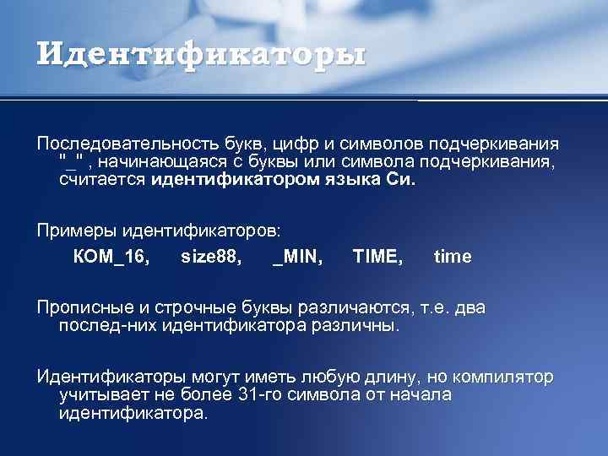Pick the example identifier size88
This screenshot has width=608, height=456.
click(211, 257)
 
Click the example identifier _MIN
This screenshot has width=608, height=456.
click(297, 257)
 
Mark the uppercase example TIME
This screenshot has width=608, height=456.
click(377, 257)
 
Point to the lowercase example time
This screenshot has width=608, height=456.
click(453, 257)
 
